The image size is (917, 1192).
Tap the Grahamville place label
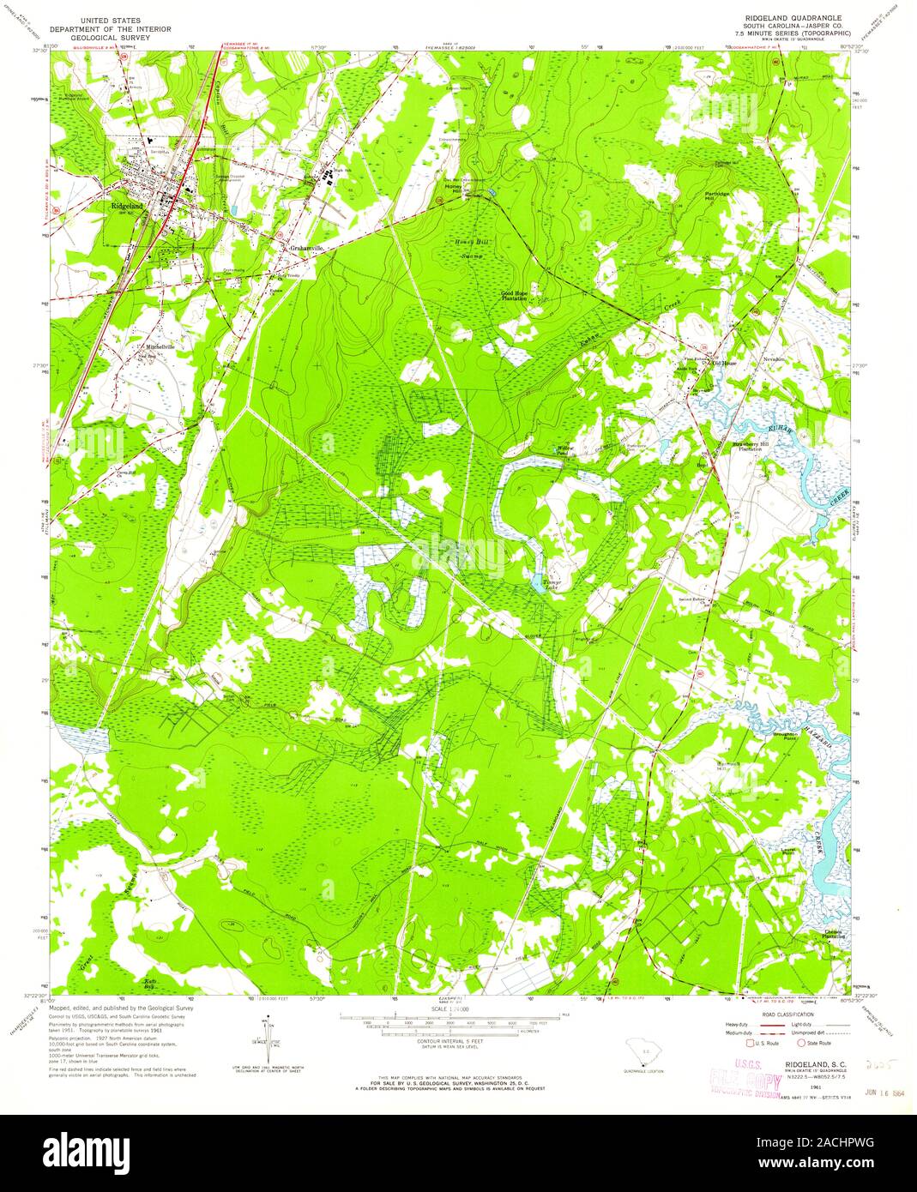305,248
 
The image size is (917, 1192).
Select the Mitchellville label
160,346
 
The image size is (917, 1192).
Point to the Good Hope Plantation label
515,295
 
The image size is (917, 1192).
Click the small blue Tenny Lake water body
536,584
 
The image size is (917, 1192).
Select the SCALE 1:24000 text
449,1009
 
